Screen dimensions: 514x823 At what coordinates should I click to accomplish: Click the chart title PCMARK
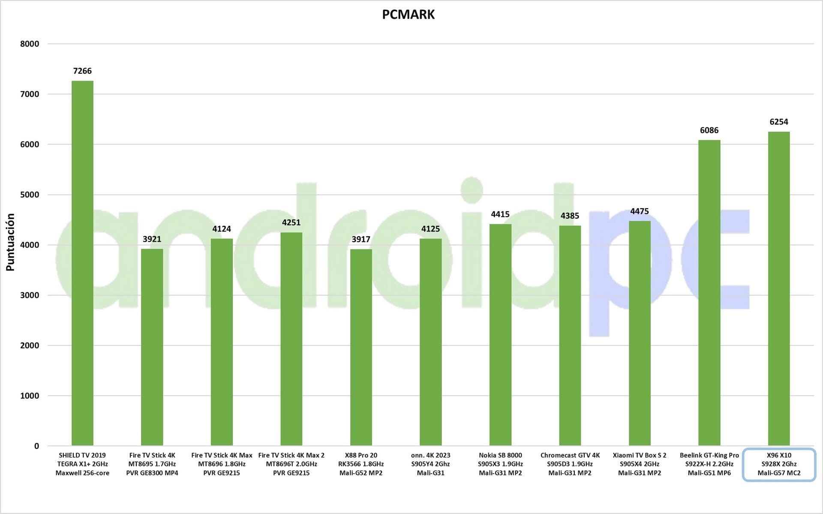click(x=408, y=15)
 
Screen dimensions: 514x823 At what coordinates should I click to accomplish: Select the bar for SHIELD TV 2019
click(x=82, y=263)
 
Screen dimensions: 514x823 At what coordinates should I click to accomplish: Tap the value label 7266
click(x=82, y=71)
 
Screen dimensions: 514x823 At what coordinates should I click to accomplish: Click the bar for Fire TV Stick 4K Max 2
click(x=291, y=339)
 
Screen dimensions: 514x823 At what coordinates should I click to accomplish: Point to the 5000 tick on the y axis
click(x=30, y=195)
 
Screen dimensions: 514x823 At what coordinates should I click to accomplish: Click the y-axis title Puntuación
click(x=10, y=242)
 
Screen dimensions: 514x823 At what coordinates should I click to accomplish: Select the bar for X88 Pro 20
click(x=361, y=347)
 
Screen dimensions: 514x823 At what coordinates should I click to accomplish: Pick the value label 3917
click(x=361, y=239)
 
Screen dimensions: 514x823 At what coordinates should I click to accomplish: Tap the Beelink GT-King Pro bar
click(x=709, y=293)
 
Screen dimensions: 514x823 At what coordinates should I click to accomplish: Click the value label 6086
click(x=709, y=130)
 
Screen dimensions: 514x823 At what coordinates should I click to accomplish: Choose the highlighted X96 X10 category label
click(x=778, y=464)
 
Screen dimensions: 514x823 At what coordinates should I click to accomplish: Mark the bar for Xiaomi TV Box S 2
click(x=640, y=333)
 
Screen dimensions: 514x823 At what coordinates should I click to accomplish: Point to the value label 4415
click(x=500, y=214)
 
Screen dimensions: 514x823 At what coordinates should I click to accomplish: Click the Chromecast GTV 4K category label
click(x=570, y=464)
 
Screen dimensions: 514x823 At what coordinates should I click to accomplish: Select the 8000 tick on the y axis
click(x=30, y=44)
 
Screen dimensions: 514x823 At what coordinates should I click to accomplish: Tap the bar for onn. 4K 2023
click(x=430, y=342)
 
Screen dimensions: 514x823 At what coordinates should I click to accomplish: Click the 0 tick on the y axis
click(x=36, y=446)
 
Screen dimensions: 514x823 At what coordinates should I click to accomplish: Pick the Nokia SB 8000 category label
click(x=500, y=464)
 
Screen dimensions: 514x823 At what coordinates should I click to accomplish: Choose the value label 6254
click(x=778, y=122)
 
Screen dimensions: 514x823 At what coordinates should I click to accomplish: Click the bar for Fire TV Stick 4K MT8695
click(x=152, y=347)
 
